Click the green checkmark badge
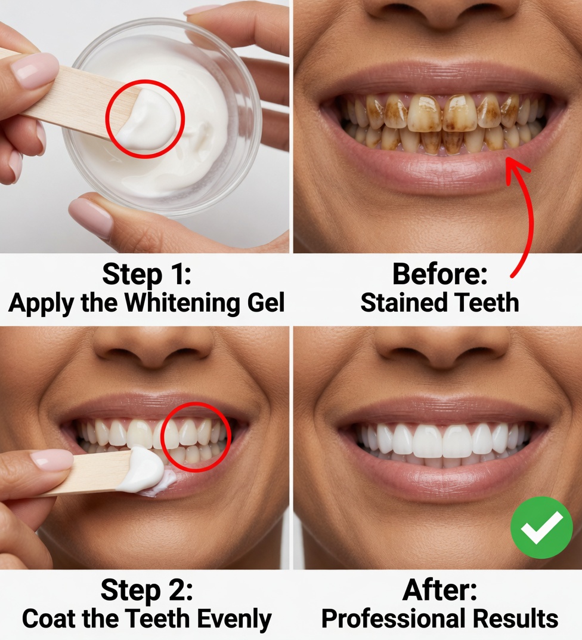click(x=541, y=527)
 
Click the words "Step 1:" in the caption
click(x=146, y=275)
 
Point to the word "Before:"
click(x=439, y=275)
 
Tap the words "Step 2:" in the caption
click(x=147, y=590)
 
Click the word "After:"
click(x=439, y=590)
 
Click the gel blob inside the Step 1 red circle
click(x=146, y=119)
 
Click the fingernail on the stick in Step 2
click(x=51, y=460)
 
